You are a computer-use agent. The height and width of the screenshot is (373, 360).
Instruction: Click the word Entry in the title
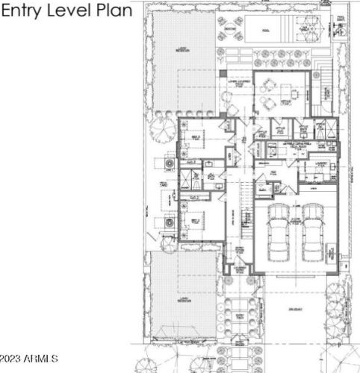[x=25, y=12]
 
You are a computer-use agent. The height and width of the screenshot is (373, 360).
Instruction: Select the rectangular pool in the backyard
[x=264, y=30]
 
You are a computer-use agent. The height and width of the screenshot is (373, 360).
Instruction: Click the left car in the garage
[x=277, y=233]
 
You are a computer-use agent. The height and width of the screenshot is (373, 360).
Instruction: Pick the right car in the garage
[x=313, y=233]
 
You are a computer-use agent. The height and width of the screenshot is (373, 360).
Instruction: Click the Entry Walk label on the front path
[x=240, y=316]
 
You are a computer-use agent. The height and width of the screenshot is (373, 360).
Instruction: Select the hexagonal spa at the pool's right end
[x=305, y=31]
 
